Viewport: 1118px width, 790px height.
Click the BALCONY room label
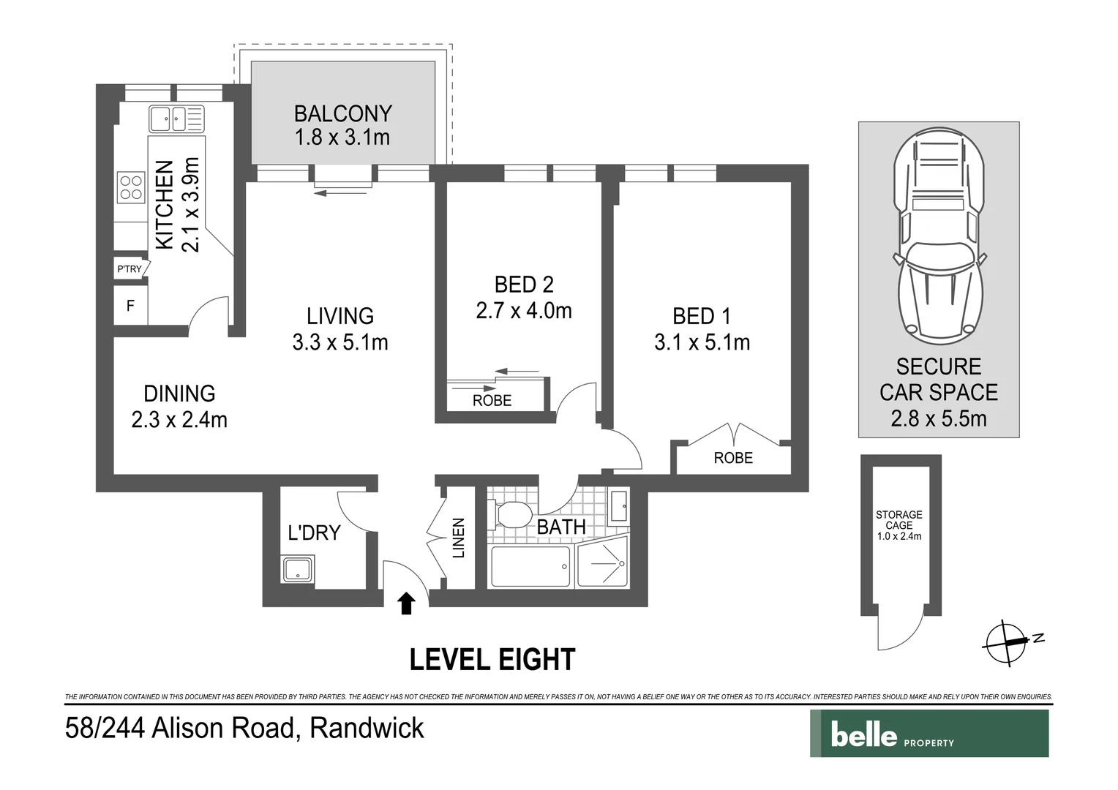click(342, 114)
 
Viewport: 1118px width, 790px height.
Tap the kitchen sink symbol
click(176, 118)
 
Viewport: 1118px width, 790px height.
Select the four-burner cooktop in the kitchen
click(131, 187)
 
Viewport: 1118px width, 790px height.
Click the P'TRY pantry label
click(130, 269)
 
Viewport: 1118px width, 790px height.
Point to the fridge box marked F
click(130, 306)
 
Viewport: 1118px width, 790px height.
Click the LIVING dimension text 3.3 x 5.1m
click(339, 342)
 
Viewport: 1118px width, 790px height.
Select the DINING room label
click(179, 394)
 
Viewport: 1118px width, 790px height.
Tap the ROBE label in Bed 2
click(492, 401)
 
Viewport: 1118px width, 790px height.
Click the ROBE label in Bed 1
click(732, 458)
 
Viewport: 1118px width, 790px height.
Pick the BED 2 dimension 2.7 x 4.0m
click(523, 311)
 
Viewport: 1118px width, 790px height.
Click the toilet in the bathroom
click(511, 515)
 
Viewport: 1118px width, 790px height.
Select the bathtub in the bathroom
click(530, 566)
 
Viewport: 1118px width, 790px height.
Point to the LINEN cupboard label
click(459, 538)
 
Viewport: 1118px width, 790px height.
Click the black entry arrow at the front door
click(406, 603)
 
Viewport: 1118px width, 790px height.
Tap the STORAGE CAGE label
click(898, 525)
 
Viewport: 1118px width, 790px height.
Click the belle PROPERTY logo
click(928, 734)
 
